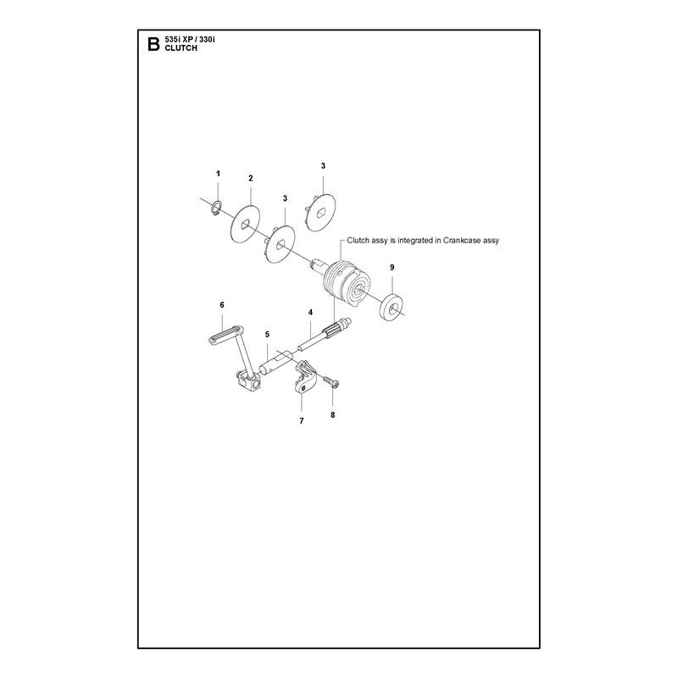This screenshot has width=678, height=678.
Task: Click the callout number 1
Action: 218,174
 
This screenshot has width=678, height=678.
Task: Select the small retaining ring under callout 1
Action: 217,207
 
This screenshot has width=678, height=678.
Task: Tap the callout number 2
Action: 251,178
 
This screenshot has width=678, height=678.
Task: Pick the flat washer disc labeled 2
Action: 246,224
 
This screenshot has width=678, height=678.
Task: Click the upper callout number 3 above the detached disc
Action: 323,165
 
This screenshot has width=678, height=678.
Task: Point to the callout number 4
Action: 310,312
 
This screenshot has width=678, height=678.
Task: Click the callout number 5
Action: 267,334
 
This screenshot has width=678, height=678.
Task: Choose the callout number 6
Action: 222,305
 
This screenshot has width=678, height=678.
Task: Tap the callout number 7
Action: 302,420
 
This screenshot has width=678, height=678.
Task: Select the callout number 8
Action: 332,414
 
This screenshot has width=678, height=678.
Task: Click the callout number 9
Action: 392,267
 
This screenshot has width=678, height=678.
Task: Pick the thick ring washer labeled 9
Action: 392,308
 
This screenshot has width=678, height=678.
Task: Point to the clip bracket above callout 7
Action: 306,377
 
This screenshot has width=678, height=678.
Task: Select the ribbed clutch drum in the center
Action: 346,283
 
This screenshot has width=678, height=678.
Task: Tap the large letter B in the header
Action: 153,44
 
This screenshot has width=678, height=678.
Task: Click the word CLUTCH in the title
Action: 181,48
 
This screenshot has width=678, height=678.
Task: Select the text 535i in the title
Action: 172,39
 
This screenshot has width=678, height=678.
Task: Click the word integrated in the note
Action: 416,241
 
